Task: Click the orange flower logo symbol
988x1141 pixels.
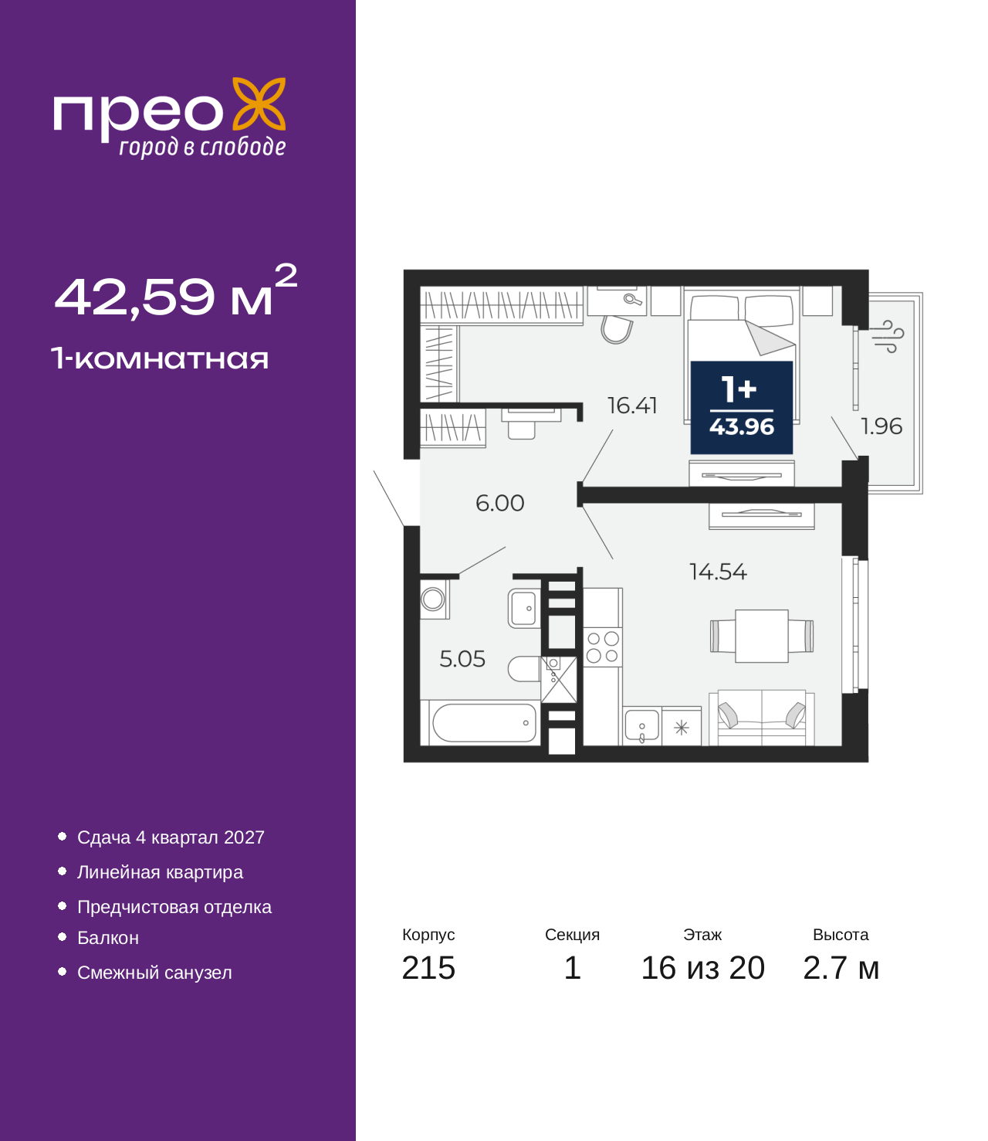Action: pos(259,104)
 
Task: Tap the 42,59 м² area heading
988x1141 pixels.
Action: pos(176,291)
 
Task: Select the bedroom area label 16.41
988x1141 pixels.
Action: pos(632,406)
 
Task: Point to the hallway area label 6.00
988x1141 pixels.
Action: pos(500,504)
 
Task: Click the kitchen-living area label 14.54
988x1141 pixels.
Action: pos(719,572)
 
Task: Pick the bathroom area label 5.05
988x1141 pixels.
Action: pos(462,659)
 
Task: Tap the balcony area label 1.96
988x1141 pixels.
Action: pos(881,426)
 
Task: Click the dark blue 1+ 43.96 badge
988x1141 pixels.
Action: pos(742,407)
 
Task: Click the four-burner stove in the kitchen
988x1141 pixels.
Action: pos(602,647)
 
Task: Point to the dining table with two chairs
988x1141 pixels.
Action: pos(761,636)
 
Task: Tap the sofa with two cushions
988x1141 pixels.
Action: pos(761,717)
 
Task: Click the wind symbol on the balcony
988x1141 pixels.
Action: pos(888,336)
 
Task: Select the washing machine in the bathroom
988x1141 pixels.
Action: pos(434,599)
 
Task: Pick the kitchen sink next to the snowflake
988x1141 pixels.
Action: pos(642,726)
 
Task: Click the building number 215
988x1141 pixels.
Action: pos(428,968)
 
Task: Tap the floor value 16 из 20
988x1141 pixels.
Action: pos(703,968)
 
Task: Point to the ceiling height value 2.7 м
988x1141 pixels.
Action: pos(841,968)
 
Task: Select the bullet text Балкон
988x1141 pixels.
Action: pos(108,938)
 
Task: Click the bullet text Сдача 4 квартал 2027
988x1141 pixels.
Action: pos(171,837)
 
